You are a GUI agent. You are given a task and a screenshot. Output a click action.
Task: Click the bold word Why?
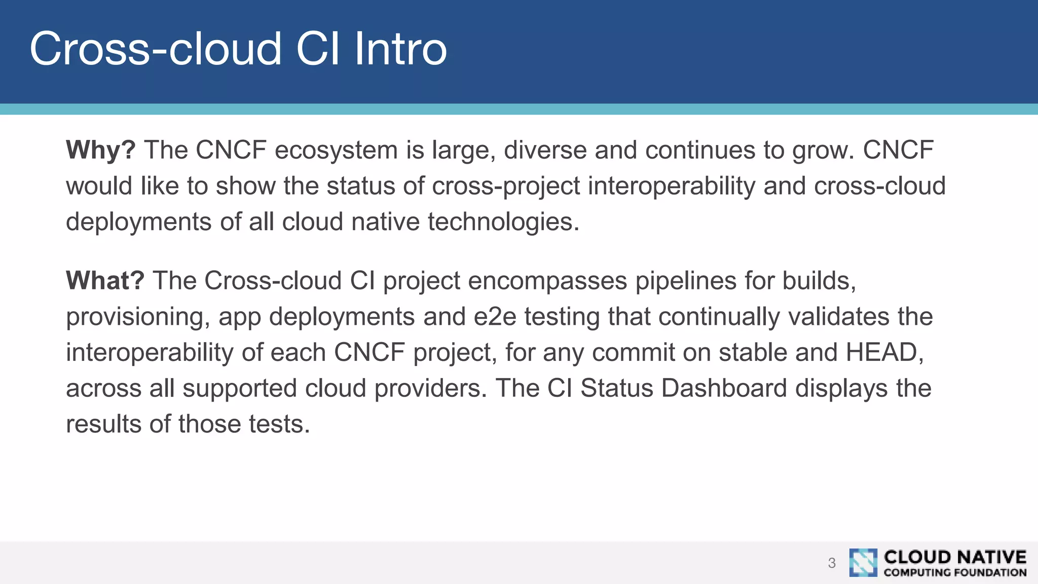pyautogui.click(x=100, y=151)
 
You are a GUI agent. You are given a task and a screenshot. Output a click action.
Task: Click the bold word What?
pyautogui.click(x=105, y=281)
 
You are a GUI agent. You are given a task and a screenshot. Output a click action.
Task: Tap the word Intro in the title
pyautogui.click(x=400, y=49)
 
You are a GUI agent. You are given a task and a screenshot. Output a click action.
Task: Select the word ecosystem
pyautogui.click(x=336, y=151)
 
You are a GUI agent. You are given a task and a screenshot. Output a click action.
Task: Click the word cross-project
pyautogui.click(x=505, y=187)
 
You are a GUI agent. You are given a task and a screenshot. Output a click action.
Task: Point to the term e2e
pyautogui.click(x=495, y=317)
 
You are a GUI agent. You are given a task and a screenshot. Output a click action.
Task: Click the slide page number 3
pyautogui.click(x=831, y=563)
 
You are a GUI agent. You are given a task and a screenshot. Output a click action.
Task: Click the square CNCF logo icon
pyautogui.click(x=863, y=563)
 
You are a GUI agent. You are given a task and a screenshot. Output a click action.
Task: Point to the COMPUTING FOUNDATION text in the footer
pyautogui.click(x=955, y=573)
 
